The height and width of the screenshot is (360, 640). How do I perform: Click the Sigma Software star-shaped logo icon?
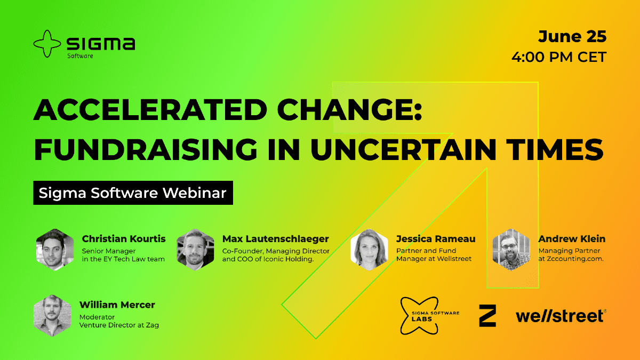pos(47,44)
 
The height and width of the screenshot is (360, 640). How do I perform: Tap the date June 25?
pos(572,37)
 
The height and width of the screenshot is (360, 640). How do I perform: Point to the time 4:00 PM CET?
pos(559,57)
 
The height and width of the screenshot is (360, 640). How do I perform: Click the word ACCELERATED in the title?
pos(150,110)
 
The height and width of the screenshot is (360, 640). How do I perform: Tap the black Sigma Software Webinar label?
pos(133,193)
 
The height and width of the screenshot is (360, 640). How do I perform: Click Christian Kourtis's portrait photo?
pos(55,250)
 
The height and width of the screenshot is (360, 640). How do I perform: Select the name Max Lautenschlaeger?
pos(275,239)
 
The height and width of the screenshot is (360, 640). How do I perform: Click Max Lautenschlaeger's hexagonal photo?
pos(195,250)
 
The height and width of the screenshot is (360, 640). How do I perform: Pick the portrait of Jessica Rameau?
pos(369,250)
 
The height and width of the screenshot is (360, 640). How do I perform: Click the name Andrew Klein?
pos(572,239)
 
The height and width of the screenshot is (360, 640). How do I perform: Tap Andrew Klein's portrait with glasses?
pos(511,250)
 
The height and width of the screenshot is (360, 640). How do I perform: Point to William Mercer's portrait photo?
pos(52,315)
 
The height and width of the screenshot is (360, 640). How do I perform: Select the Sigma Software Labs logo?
pos(429,316)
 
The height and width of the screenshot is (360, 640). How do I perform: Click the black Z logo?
pos(487,316)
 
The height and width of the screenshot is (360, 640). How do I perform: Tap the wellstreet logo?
pos(561,316)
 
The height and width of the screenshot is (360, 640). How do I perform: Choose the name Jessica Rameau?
pos(436,239)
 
